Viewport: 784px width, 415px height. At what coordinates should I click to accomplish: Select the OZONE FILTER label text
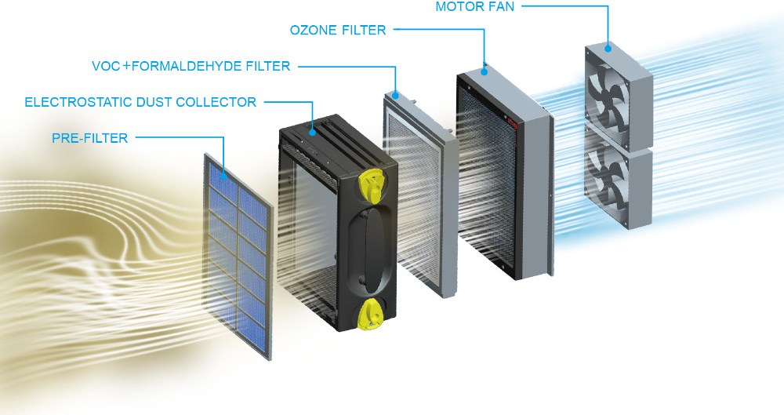click(x=338, y=31)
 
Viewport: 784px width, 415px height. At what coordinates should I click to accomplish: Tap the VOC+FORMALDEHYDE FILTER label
click(x=191, y=67)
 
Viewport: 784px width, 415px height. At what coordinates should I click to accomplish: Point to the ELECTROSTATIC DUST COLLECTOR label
click(x=140, y=102)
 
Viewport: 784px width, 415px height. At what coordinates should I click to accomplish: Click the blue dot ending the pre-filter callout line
click(x=224, y=177)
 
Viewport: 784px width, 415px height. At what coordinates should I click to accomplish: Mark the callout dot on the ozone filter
click(x=485, y=71)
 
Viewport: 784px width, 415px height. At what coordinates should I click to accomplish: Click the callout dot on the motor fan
click(x=608, y=47)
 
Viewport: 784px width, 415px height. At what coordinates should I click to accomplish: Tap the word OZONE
click(x=310, y=31)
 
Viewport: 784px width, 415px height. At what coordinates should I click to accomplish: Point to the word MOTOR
click(x=454, y=7)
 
